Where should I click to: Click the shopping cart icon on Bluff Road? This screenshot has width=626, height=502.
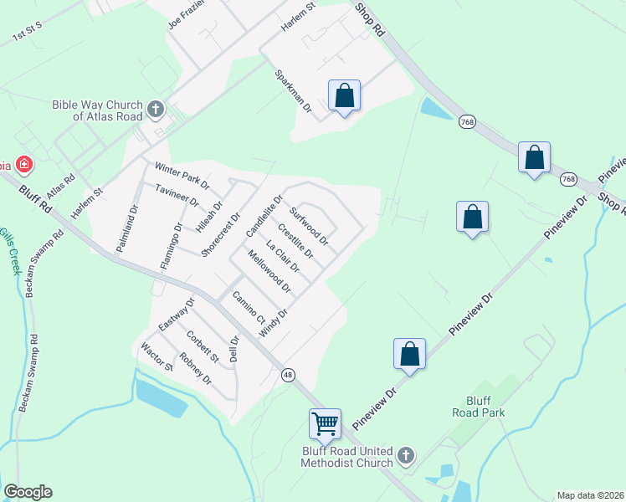(325, 423)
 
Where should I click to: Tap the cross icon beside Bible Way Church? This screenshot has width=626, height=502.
(155, 109)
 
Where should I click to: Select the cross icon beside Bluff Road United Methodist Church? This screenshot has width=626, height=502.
(406, 456)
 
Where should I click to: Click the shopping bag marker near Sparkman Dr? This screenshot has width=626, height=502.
(344, 96)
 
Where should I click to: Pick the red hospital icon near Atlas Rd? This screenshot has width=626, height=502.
(24, 164)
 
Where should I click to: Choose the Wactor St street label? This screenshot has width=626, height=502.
(156, 356)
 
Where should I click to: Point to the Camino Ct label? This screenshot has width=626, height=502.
(248, 308)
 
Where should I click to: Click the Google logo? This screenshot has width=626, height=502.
(28, 492)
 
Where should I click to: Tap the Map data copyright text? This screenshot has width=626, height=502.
(590, 495)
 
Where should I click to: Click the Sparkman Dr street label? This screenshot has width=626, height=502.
(293, 91)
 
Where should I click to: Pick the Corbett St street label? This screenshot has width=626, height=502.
(203, 348)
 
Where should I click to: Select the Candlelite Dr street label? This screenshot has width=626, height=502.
(264, 216)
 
